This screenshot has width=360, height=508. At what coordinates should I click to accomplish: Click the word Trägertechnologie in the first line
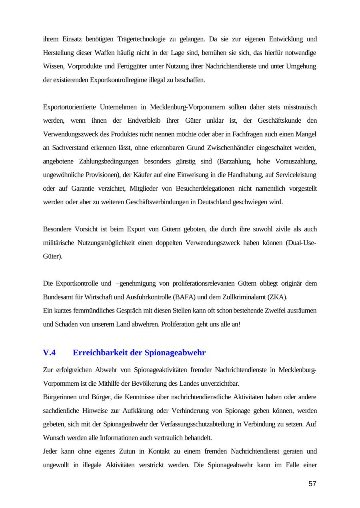click(142, 39)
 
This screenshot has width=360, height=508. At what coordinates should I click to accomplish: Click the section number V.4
click(49, 353)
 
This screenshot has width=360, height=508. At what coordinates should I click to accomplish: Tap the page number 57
click(312, 484)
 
